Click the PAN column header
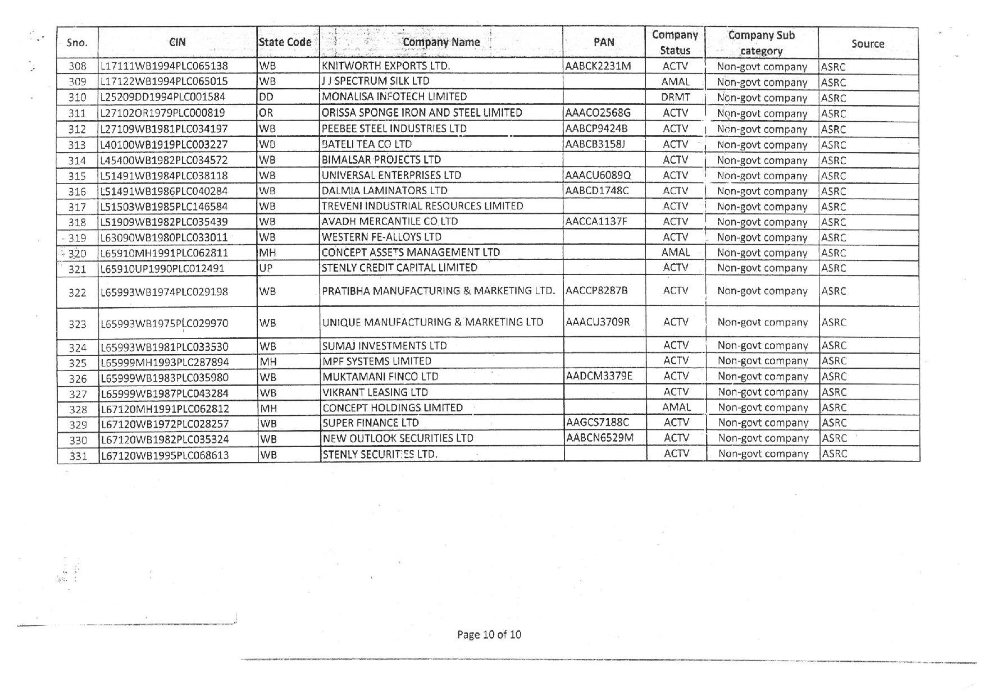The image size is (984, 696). pyautogui.click(x=604, y=42)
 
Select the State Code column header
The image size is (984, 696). pyautogui.click(x=285, y=42)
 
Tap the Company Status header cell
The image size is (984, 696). pyautogui.click(x=675, y=43)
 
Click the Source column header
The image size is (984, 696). pyautogui.click(x=867, y=44)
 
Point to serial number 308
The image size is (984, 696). pyautogui.click(x=77, y=66)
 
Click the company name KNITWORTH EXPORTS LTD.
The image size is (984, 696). pyautogui.click(x=386, y=66)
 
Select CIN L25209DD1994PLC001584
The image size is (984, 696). pyautogui.click(x=163, y=97)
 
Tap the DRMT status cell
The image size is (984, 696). pyautogui.click(x=675, y=97)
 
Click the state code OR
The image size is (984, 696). pyautogui.click(x=266, y=113)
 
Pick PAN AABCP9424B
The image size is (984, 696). pyautogui.click(x=596, y=129)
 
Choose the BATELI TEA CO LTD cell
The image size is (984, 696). pyautogui.click(x=367, y=144)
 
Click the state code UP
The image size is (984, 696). pyautogui.click(x=266, y=268)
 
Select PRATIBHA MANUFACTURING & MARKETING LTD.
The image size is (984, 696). pyautogui.click(x=438, y=291)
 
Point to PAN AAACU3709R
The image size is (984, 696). pyautogui.click(x=598, y=322)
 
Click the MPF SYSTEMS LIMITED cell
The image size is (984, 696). pyautogui.click(x=377, y=361)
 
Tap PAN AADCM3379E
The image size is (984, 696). pyautogui.click(x=599, y=376)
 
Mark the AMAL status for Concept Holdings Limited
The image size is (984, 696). pyautogui.click(x=676, y=407)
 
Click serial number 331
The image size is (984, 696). pyautogui.click(x=78, y=455)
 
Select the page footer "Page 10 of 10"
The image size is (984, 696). pyautogui.click(x=489, y=635)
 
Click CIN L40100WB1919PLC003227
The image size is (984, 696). pyautogui.click(x=164, y=144)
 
